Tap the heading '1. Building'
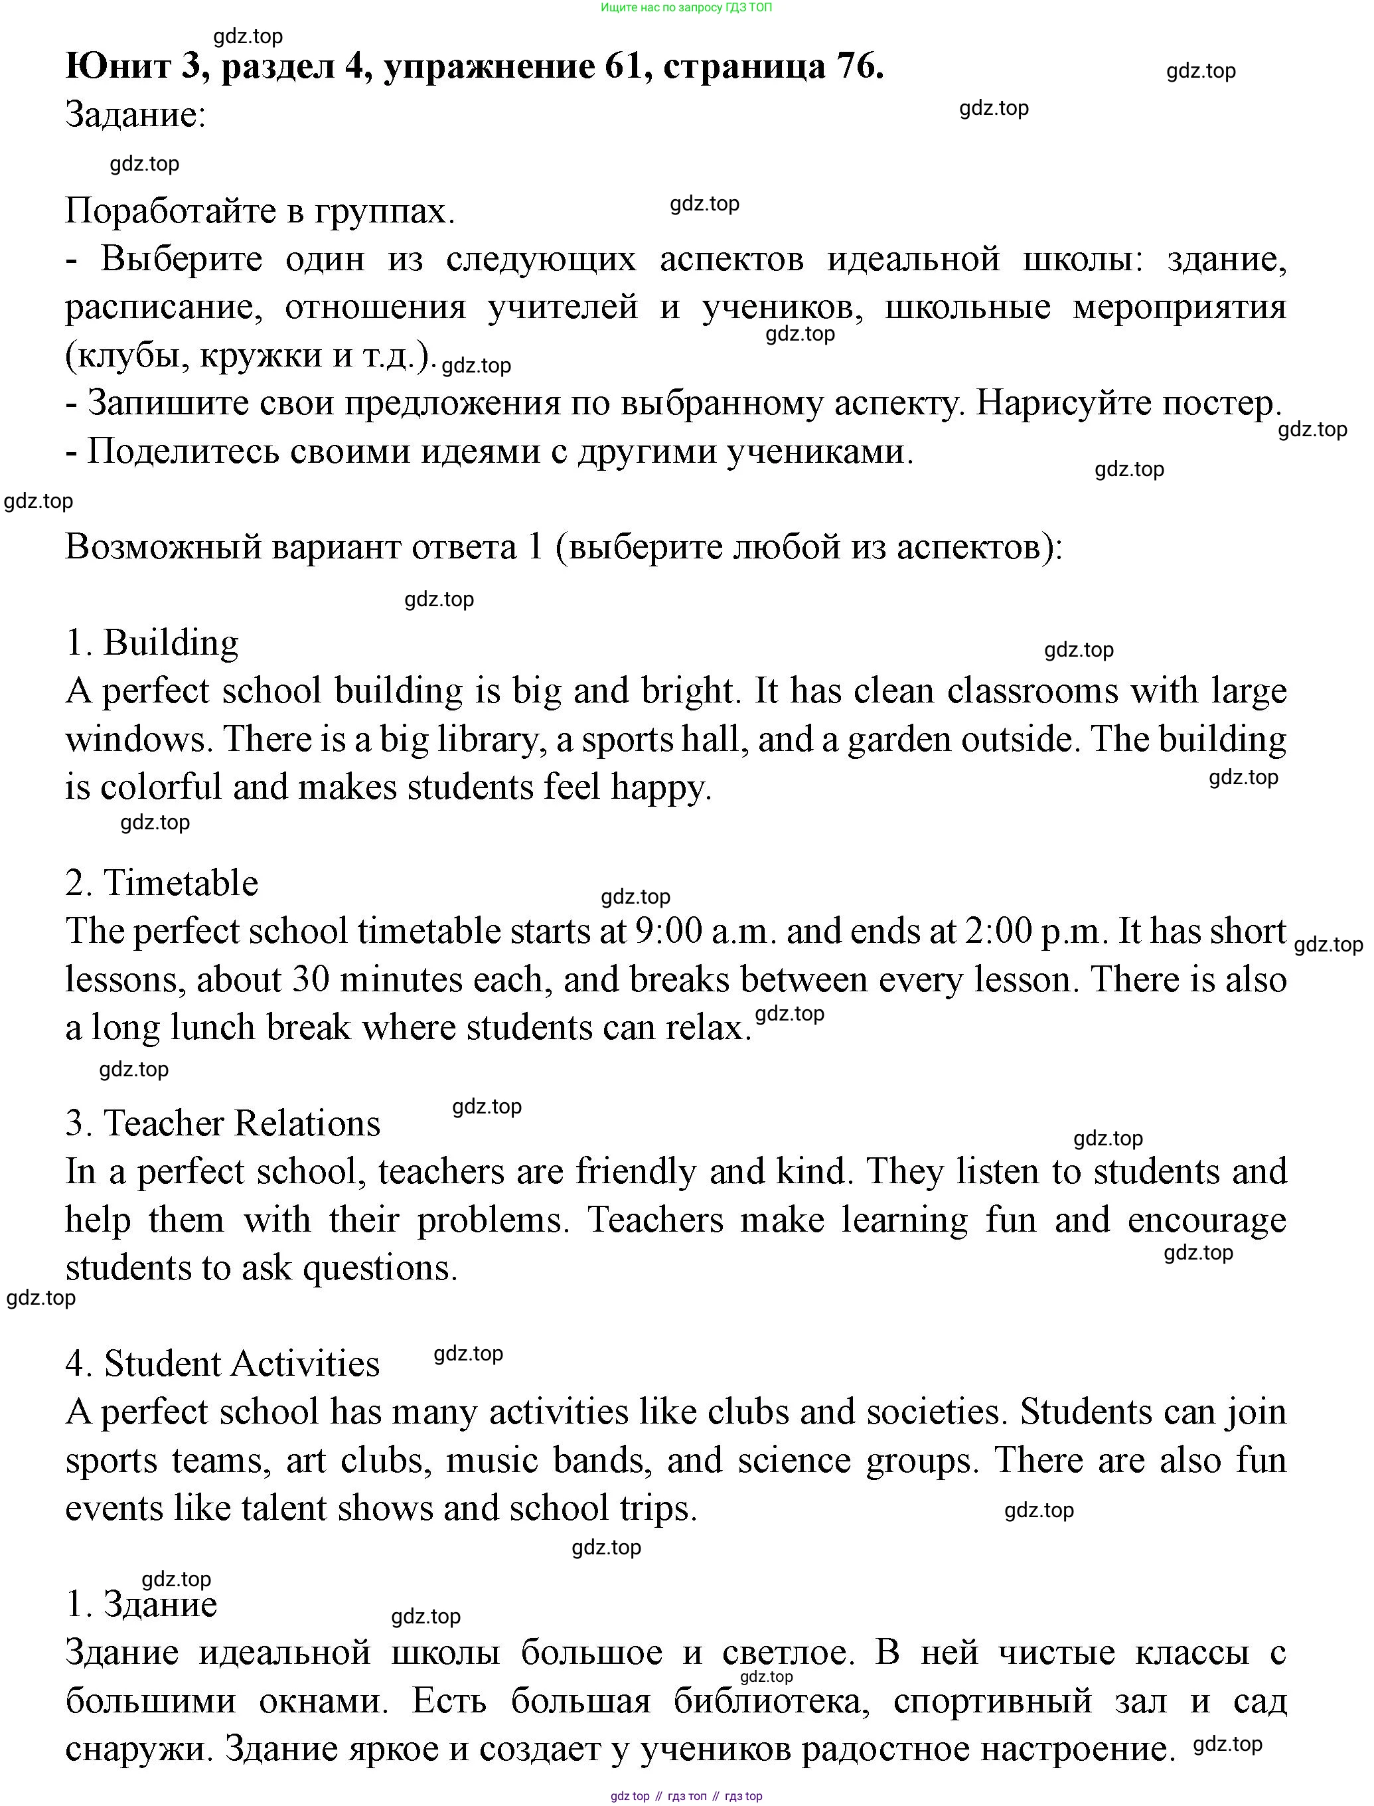tap(152, 643)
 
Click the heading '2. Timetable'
tap(162, 883)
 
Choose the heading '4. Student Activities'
tap(222, 1364)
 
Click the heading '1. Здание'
tap(141, 1604)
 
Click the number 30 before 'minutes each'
tap(310, 980)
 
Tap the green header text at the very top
tap(686, 7)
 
